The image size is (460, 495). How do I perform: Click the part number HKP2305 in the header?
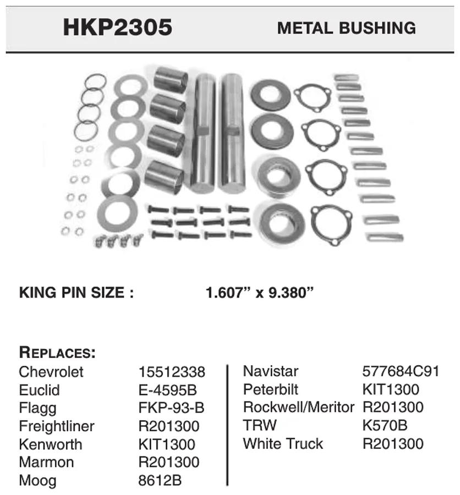pos(118,28)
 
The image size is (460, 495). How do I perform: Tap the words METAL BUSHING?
pos(347,28)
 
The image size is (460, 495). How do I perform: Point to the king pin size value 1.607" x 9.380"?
pos(259,293)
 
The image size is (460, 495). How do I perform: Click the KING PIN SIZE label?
pos(76,293)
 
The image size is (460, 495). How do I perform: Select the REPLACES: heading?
pos(57,353)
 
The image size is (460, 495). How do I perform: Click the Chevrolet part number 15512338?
pos(172,372)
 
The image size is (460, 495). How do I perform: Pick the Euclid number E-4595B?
pos(168,390)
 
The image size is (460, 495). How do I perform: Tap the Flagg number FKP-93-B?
pos(171,408)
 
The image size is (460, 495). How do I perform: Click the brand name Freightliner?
pos(57,426)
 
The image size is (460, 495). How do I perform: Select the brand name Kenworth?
pos(51,444)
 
